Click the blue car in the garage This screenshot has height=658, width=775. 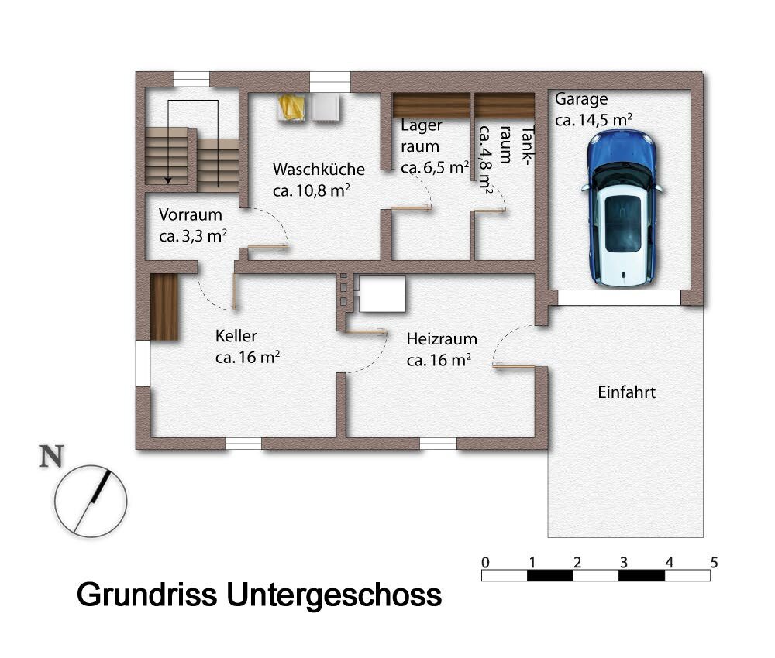click(x=623, y=207)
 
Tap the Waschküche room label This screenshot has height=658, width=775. click(x=318, y=169)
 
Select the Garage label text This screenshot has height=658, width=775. click(x=581, y=99)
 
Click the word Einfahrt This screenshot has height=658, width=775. click(x=626, y=392)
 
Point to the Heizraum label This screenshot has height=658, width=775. click(x=442, y=339)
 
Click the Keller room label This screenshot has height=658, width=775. click(x=236, y=336)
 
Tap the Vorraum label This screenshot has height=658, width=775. click(x=190, y=215)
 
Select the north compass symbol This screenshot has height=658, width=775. click(x=90, y=501)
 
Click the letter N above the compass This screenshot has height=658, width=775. click(x=51, y=458)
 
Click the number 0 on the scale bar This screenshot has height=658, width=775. click(x=485, y=561)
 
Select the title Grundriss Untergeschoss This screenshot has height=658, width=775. click(x=259, y=595)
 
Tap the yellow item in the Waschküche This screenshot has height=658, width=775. click(x=292, y=107)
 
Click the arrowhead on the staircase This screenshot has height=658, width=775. click(x=167, y=179)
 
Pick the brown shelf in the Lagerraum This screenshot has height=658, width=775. click(x=431, y=105)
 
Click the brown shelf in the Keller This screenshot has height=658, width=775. click(x=164, y=307)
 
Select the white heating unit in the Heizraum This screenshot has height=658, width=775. click(x=382, y=293)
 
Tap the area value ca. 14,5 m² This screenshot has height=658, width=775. click(x=594, y=120)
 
